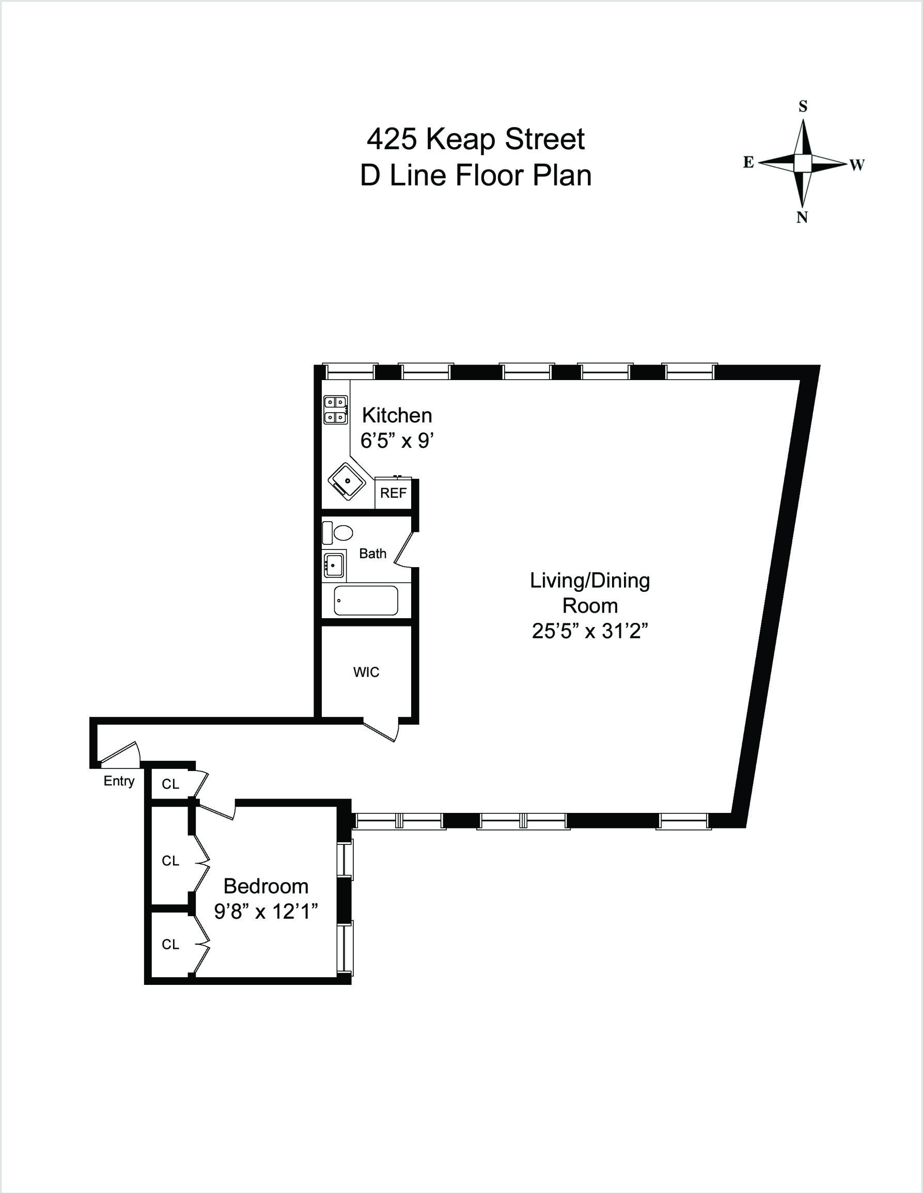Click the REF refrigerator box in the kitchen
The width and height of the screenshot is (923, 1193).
(x=393, y=493)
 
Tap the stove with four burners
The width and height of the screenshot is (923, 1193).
(x=335, y=410)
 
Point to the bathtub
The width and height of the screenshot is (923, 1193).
(x=365, y=600)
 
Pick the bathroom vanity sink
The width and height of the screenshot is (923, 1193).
(x=333, y=565)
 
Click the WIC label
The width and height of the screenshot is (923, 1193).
(x=366, y=672)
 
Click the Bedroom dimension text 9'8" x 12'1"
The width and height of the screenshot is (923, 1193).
(x=266, y=911)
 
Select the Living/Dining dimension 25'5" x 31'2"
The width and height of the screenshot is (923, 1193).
(x=590, y=631)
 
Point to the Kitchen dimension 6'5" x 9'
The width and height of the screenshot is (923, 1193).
(x=397, y=440)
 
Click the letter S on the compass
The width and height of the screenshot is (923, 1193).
(x=803, y=106)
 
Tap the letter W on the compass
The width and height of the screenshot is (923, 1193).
(x=857, y=165)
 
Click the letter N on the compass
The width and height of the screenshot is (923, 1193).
(x=802, y=217)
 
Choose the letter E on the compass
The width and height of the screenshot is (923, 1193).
(x=748, y=162)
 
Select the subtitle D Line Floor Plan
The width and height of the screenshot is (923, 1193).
(x=475, y=176)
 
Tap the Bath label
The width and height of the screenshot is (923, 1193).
(x=372, y=554)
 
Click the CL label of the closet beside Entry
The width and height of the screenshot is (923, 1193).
(x=170, y=784)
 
